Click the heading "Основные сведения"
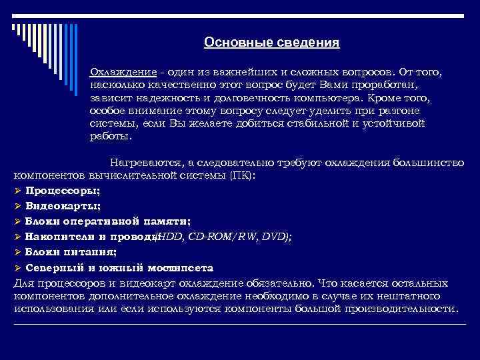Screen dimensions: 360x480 [271, 43]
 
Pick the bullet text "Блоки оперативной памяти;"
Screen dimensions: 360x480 [107, 221]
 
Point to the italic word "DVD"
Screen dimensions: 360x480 [273, 237]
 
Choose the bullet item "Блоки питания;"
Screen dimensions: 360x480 [71, 252]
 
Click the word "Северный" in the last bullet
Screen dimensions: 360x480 [54, 267]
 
